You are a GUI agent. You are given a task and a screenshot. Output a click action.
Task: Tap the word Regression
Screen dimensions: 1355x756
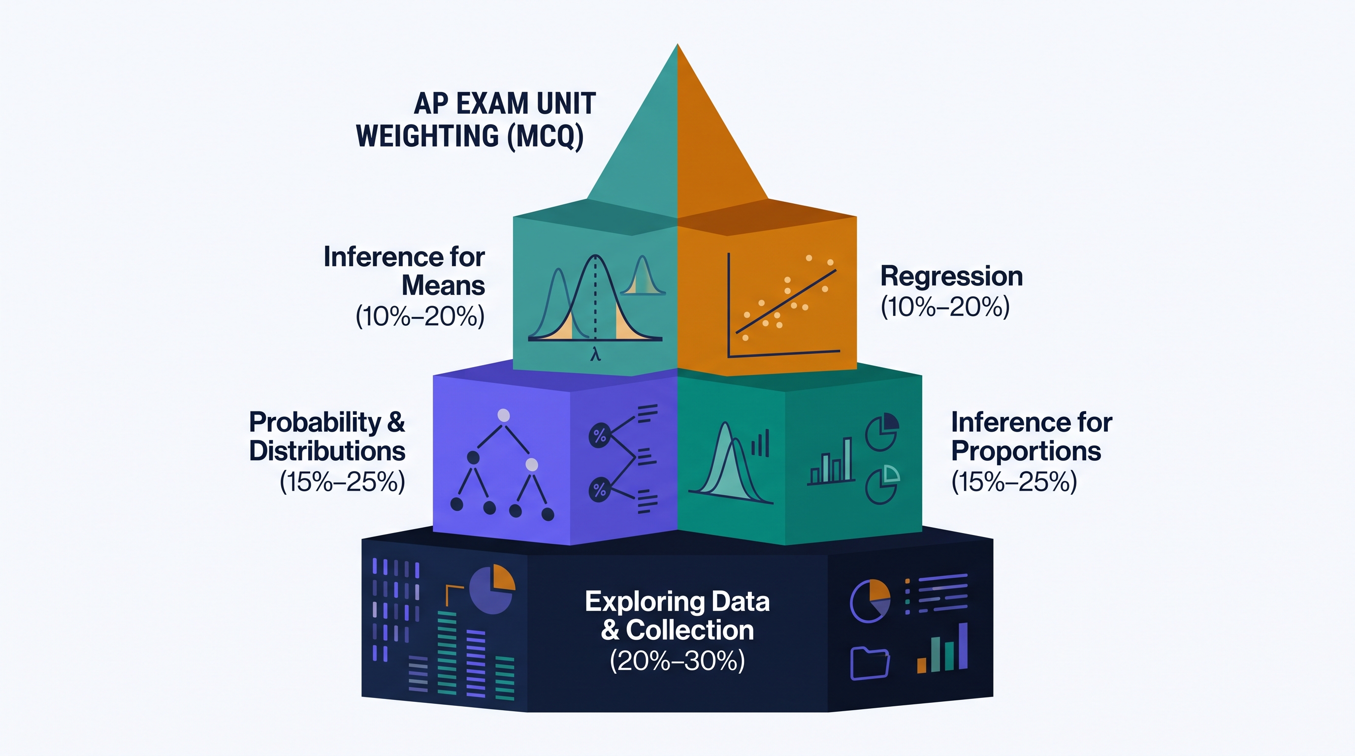click(952, 277)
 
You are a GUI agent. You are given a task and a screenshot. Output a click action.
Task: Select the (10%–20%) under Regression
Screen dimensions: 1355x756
click(945, 307)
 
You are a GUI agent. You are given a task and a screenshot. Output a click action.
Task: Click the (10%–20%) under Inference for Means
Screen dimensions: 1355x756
click(420, 316)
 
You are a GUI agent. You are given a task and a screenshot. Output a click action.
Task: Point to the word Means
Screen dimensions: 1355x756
click(444, 286)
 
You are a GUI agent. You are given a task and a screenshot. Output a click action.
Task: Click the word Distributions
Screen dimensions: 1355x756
click(327, 451)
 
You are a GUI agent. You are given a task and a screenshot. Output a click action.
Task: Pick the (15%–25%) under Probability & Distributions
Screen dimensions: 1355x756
click(342, 481)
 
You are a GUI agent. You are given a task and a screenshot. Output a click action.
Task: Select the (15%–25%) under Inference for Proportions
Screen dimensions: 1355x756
click(1015, 481)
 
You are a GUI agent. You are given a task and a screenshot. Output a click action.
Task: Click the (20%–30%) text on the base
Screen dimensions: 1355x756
click(677, 661)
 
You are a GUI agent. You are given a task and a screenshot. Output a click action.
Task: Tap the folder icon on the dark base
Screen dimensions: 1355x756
click(870, 663)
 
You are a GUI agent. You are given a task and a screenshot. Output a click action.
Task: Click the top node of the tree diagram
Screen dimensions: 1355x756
click(503, 415)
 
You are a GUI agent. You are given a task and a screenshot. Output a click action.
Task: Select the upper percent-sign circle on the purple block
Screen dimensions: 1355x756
click(600, 435)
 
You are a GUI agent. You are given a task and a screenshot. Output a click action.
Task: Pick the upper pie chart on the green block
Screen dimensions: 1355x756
click(882, 432)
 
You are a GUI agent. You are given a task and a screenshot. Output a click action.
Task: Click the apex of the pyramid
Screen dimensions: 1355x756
click(677, 44)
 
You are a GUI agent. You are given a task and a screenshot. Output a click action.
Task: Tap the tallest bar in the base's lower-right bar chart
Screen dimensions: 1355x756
click(963, 646)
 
